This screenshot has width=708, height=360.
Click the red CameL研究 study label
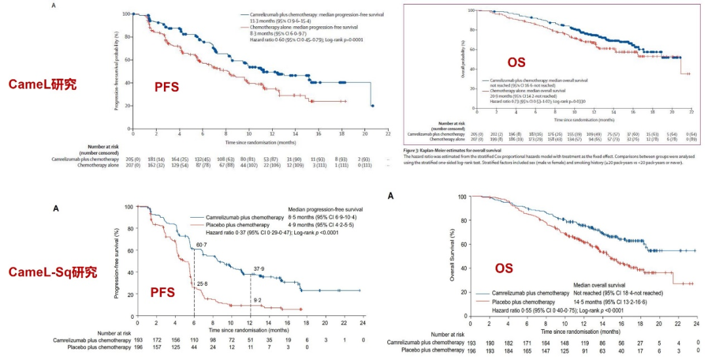point(43,84)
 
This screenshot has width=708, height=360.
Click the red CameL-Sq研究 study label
point(52,271)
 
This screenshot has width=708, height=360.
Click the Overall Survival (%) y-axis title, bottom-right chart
point(452,256)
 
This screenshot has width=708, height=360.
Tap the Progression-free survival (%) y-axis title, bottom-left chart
point(116,261)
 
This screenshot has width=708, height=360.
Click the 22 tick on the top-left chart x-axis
point(387,133)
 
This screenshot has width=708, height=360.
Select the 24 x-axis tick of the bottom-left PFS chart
point(363,323)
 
